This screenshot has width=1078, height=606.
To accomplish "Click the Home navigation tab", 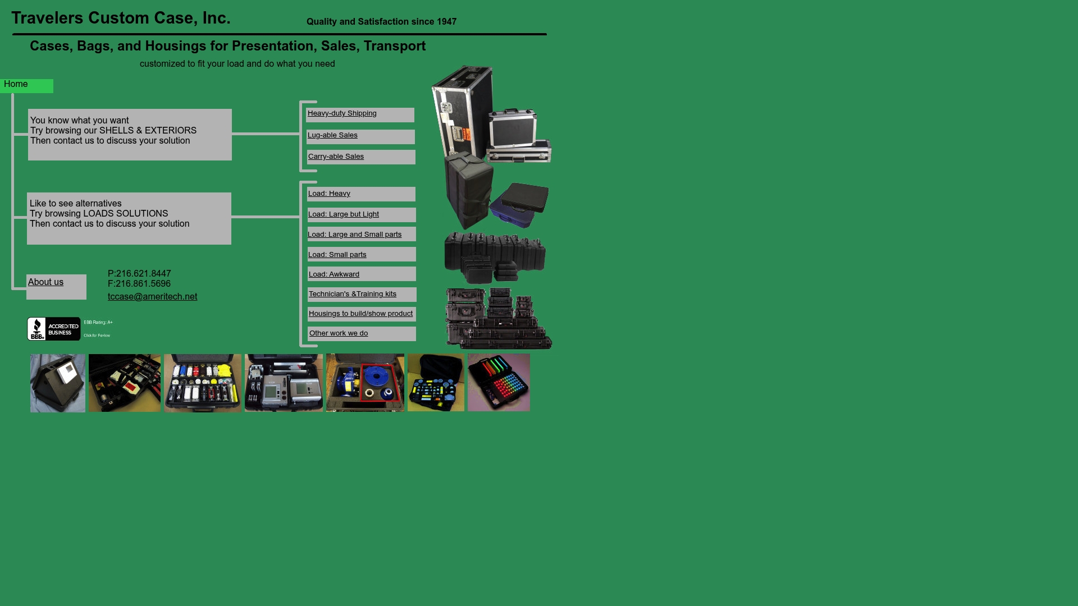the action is pos(16,84).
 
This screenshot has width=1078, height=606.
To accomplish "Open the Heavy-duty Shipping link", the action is pos(342,113).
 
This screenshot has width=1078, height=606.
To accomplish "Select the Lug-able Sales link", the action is pos(332,135).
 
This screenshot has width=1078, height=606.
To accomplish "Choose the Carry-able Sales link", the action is pos(336,157).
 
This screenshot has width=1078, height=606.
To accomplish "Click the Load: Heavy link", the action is pos(329,194).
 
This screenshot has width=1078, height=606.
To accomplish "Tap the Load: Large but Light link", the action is pos(344,214).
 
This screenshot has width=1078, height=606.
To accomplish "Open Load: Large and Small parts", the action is pos(355,235).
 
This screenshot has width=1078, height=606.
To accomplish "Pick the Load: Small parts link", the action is pos(337,255).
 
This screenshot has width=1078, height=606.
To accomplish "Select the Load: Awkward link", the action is pos(334,274).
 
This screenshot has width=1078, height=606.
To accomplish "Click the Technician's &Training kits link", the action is pos(353,294).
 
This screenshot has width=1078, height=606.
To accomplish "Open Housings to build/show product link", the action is pos(360,314).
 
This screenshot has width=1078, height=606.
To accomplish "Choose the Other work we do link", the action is pos(339,333).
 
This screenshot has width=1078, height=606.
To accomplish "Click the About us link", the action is pos(45,282).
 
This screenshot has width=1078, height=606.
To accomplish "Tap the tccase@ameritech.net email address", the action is pos(152,297).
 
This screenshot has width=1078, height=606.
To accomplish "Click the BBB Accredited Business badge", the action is pos(54,329).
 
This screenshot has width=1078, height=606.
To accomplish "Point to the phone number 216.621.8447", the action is pos(143,274).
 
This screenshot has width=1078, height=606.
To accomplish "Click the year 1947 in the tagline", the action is pos(446,22).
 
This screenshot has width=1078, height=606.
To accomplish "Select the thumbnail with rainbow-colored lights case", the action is pos(499,383).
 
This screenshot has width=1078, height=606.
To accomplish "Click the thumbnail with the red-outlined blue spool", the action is pos(365,383).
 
